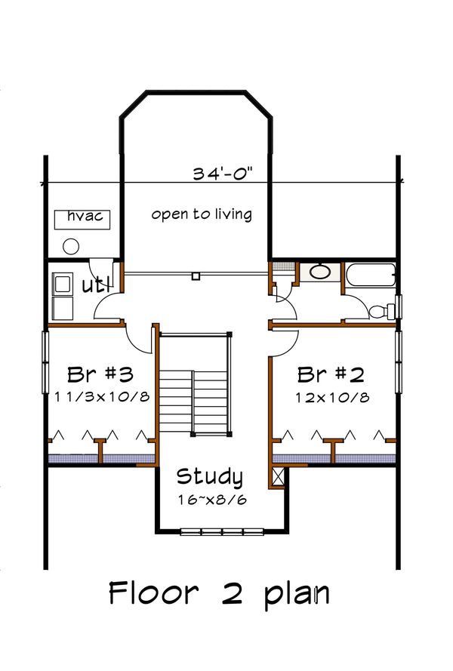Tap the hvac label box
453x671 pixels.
pyautogui.click(x=85, y=218)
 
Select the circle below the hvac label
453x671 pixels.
pyautogui.click(x=71, y=245)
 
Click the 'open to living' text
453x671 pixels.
pyautogui.click(x=201, y=214)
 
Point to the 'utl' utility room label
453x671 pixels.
pyautogui.click(x=97, y=285)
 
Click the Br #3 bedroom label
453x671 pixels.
pyautogui.click(x=100, y=374)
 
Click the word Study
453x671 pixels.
pyautogui.click(x=210, y=477)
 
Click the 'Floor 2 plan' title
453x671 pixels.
pyautogui.click(x=219, y=593)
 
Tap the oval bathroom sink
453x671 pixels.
pyautogui.click(x=322, y=272)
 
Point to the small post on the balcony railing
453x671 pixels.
pyautogui.click(x=196, y=276)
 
